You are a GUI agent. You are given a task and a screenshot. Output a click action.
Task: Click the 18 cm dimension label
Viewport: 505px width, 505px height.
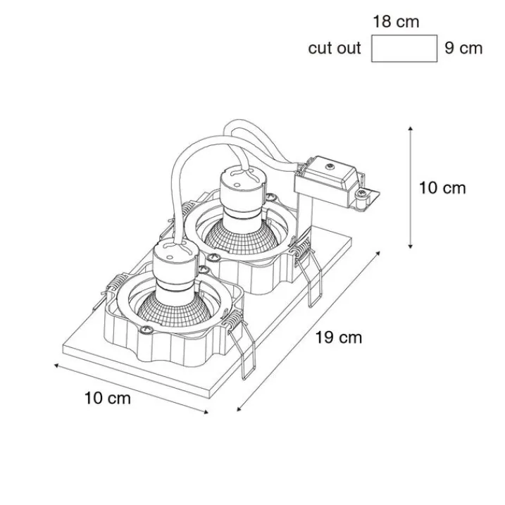coord(396,22)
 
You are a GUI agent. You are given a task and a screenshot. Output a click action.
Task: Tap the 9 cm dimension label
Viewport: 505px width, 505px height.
coord(463,49)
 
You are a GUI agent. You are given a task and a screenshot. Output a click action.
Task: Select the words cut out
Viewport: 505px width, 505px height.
coord(335,49)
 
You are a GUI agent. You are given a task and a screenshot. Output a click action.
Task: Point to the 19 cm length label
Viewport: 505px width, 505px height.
coord(339,337)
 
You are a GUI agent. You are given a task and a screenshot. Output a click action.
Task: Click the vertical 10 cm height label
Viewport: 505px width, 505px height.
coord(442,188)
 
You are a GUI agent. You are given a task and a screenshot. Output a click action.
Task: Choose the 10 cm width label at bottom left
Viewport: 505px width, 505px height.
coord(108,398)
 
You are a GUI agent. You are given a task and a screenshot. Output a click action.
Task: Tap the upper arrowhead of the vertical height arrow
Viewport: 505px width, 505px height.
coord(411,128)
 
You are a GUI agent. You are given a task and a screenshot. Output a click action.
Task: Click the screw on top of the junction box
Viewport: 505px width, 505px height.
coord(329,167)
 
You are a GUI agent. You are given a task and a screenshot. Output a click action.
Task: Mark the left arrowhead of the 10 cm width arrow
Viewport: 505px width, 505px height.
coord(56,366)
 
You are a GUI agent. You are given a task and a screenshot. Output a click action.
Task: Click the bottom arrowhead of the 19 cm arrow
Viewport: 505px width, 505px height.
coord(239,409)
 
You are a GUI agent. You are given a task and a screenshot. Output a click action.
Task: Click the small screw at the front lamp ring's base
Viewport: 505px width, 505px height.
coord(146,329)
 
